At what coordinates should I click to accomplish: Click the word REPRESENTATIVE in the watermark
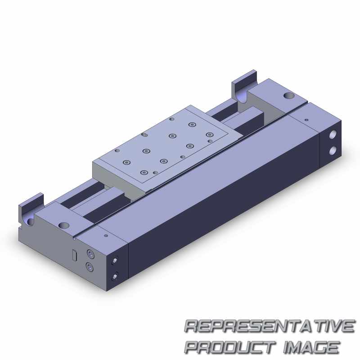click(270, 326)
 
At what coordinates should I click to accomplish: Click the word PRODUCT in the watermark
click(230, 347)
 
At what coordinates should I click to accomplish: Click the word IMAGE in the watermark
click(311, 347)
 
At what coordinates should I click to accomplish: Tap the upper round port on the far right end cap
click(333, 134)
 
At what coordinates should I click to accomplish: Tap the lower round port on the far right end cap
click(333, 151)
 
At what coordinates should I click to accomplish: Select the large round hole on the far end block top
click(289, 95)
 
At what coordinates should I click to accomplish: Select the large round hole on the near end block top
click(64, 225)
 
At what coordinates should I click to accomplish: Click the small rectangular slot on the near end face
click(74, 255)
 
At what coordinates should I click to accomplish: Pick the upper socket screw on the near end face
click(91, 254)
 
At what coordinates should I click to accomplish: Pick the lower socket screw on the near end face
click(90, 267)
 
